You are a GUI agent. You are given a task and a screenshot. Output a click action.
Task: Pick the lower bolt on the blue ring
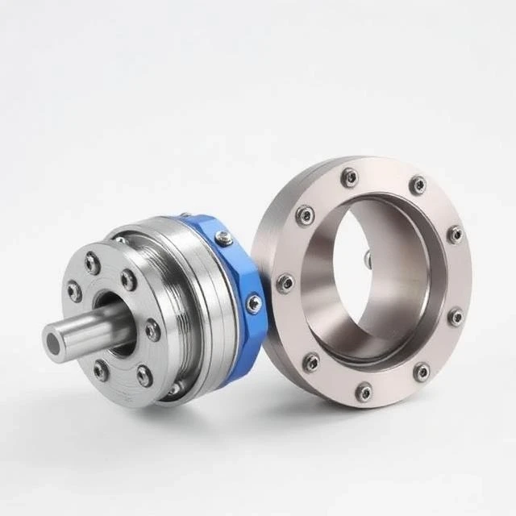pyautogui.click(x=254, y=303)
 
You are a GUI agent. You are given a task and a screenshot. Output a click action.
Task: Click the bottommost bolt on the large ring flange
pyautogui.click(x=364, y=392)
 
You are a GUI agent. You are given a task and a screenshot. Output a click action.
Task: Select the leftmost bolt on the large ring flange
pyautogui.click(x=285, y=283)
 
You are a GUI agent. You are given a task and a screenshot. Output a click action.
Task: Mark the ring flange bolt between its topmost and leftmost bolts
pyautogui.click(x=305, y=214)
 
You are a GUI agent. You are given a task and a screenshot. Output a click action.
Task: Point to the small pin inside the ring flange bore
pyautogui.click(x=367, y=258)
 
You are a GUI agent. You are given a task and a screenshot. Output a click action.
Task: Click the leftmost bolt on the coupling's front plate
pyautogui.click(x=74, y=291)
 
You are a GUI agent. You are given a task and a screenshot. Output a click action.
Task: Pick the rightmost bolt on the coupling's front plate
pyautogui.click(x=152, y=330)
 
